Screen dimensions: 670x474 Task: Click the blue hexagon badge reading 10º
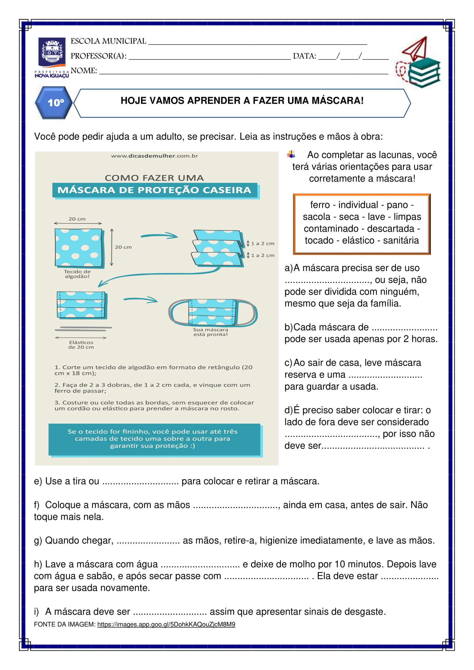pyautogui.click(x=54, y=103)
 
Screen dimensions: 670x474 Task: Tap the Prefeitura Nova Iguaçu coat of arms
pyautogui.click(x=52, y=52)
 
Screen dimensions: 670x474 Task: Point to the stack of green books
pyautogui.click(x=424, y=72)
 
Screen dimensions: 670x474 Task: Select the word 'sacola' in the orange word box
pyautogui.click(x=316, y=217)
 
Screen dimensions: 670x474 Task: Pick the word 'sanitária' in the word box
pyautogui.click(x=401, y=240)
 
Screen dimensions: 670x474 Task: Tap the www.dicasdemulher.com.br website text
pyautogui.click(x=154, y=156)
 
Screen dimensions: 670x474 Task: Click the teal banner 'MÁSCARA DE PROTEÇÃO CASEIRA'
pyautogui.click(x=154, y=190)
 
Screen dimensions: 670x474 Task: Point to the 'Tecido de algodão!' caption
pyautogui.click(x=77, y=274)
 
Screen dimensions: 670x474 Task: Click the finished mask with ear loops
pyautogui.click(x=212, y=312)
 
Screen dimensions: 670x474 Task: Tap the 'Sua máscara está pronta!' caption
pyautogui.click(x=210, y=332)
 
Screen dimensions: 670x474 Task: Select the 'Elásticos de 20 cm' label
pyautogui.click(x=81, y=345)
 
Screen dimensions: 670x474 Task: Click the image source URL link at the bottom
pyautogui.click(x=166, y=624)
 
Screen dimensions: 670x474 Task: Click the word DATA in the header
pyautogui.click(x=304, y=56)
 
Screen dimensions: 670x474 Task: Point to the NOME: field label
pyautogui.click(x=84, y=71)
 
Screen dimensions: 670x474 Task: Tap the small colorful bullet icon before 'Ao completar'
pyautogui.click(x=291, y=154)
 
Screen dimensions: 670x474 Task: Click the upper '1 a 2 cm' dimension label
pyautogui.click(x=263, y=243)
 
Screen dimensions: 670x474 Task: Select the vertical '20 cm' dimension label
pyautogui.click(x=123, y=247)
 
